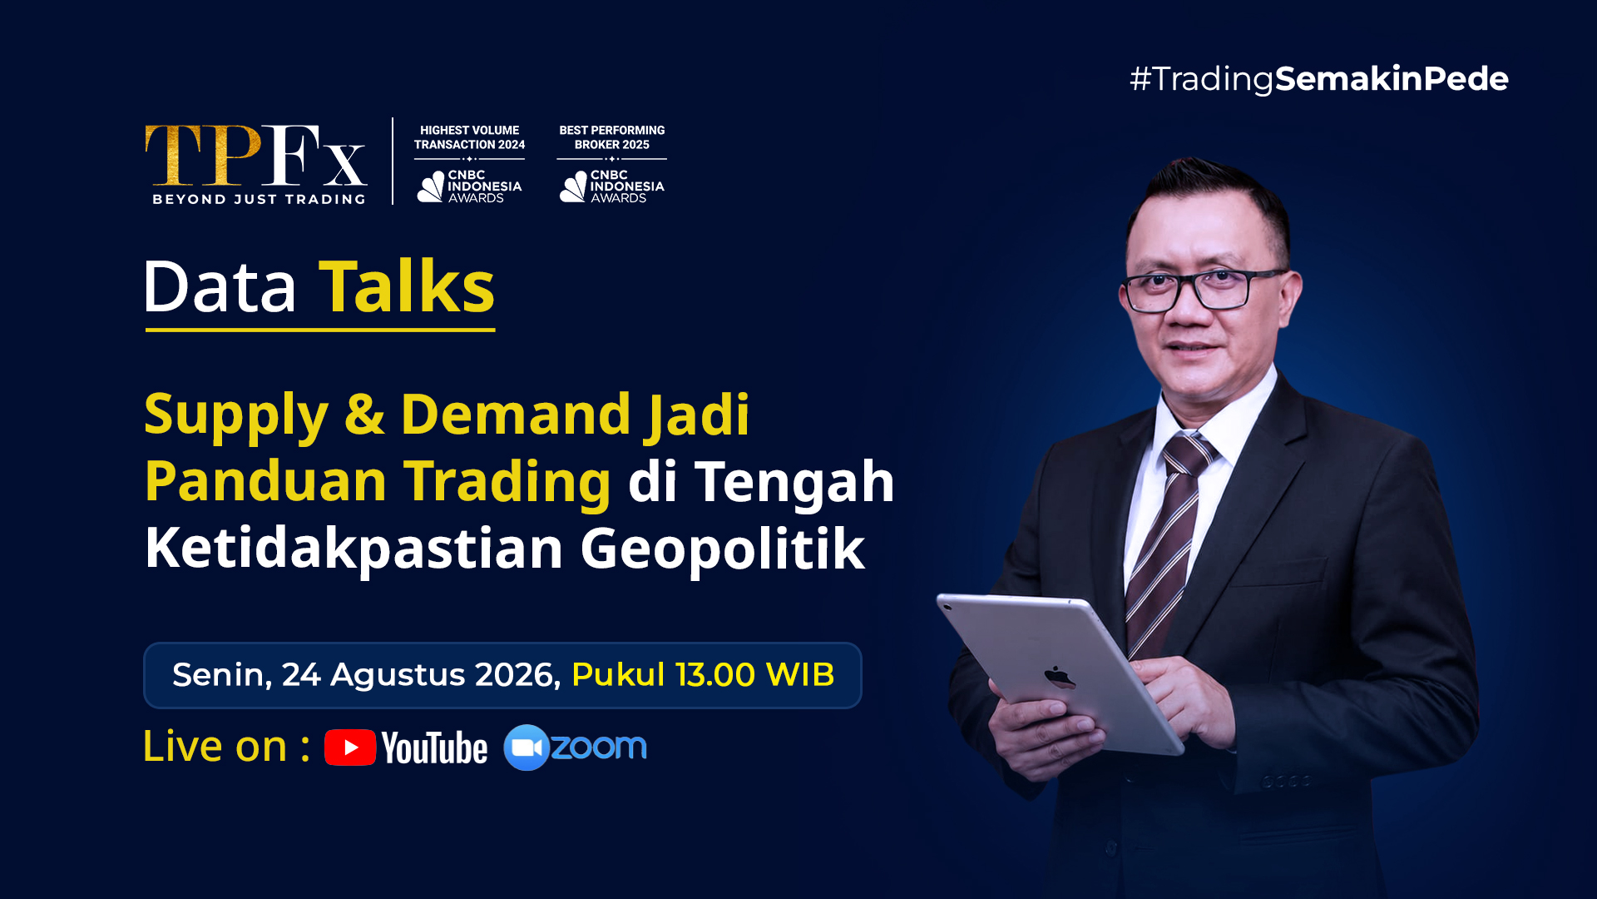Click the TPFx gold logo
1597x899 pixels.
tap(256, 156)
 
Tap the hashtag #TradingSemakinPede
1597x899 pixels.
tap(1319, 79)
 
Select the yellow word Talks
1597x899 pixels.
tap(407, 287)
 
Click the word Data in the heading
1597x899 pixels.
tap(220, 287)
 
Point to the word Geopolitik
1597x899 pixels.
tap(722, 549)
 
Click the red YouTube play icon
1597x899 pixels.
tap(350, 748)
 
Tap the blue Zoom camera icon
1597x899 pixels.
tap(527, 748)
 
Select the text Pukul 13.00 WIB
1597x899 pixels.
tap(703, 675)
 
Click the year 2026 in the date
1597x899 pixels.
tap(517, 675)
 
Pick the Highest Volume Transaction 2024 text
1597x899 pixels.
tap(470, 137)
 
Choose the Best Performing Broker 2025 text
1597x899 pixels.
tap(612, 137)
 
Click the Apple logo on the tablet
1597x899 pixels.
tap(1059, 677)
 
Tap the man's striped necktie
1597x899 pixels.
tap(1169, 541)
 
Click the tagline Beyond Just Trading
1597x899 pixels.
tap(259, 200)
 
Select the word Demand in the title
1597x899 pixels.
tap(516, 415)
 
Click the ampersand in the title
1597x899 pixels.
tap(364, 415)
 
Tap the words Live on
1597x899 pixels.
tap(215, 746)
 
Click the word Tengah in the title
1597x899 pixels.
tap(794, 483)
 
